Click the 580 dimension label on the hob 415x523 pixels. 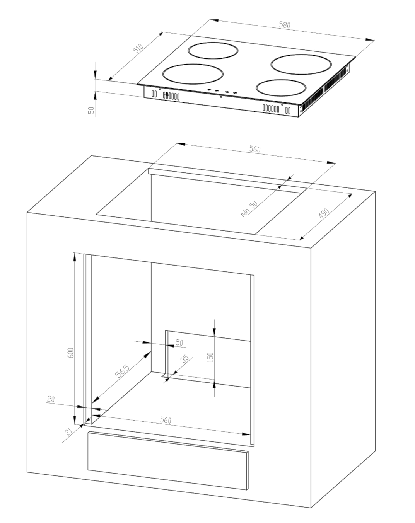tap(285, 25)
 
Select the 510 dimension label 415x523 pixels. tap(138, 48)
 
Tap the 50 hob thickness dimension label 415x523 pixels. tap(91, 110)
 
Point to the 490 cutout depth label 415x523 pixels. tap(324, 213)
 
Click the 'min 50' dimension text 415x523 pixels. tap(249, 208)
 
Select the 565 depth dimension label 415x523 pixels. tap(122, 371)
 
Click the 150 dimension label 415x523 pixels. tap(211, 357)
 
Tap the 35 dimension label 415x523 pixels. tap(185, 359)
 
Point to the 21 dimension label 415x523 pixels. tap(69, 432)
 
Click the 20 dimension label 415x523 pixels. tap(51, 399)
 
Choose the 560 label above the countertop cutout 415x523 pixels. tap(255, 149)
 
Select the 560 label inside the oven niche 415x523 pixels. tap(166, 420)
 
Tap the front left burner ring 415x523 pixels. tap(193, 65)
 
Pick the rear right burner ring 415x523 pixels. tap(301, 55)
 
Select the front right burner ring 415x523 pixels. tap(281, 80)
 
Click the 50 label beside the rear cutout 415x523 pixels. tap(179, 342)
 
